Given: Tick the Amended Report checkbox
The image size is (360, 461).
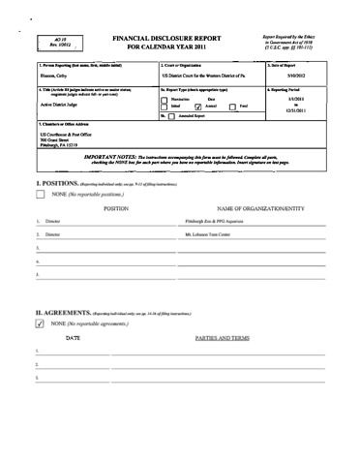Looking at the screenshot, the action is (173, 115).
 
